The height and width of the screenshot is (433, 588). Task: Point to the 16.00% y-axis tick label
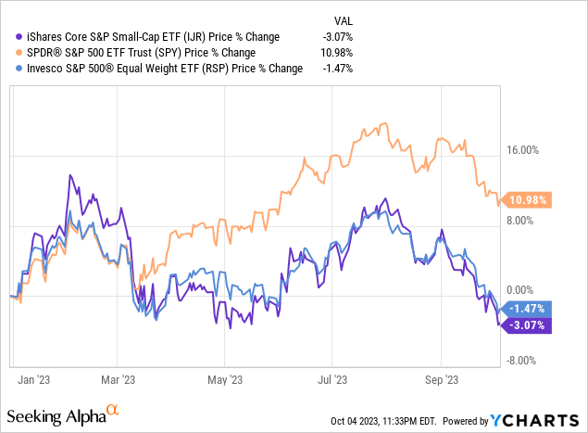(x=528, y=149)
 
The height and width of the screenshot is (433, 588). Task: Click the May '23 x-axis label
(x=224, y=378)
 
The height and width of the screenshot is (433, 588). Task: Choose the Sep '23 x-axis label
(x=441, y=378)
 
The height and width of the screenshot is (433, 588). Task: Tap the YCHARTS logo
(x=546, y=419)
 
